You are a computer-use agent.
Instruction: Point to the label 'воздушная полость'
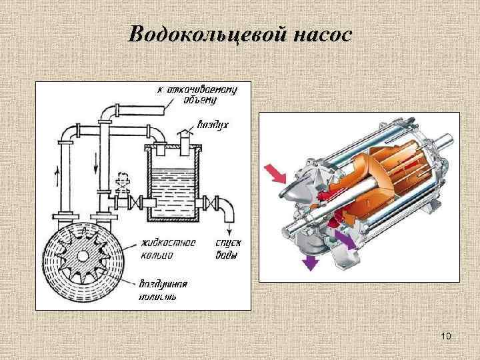click(163, 289)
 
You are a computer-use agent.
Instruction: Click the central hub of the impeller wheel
click(82, 257)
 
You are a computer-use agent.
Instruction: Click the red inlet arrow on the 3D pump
click(276, 173)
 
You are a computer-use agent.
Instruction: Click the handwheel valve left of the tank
click(122, 181)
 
